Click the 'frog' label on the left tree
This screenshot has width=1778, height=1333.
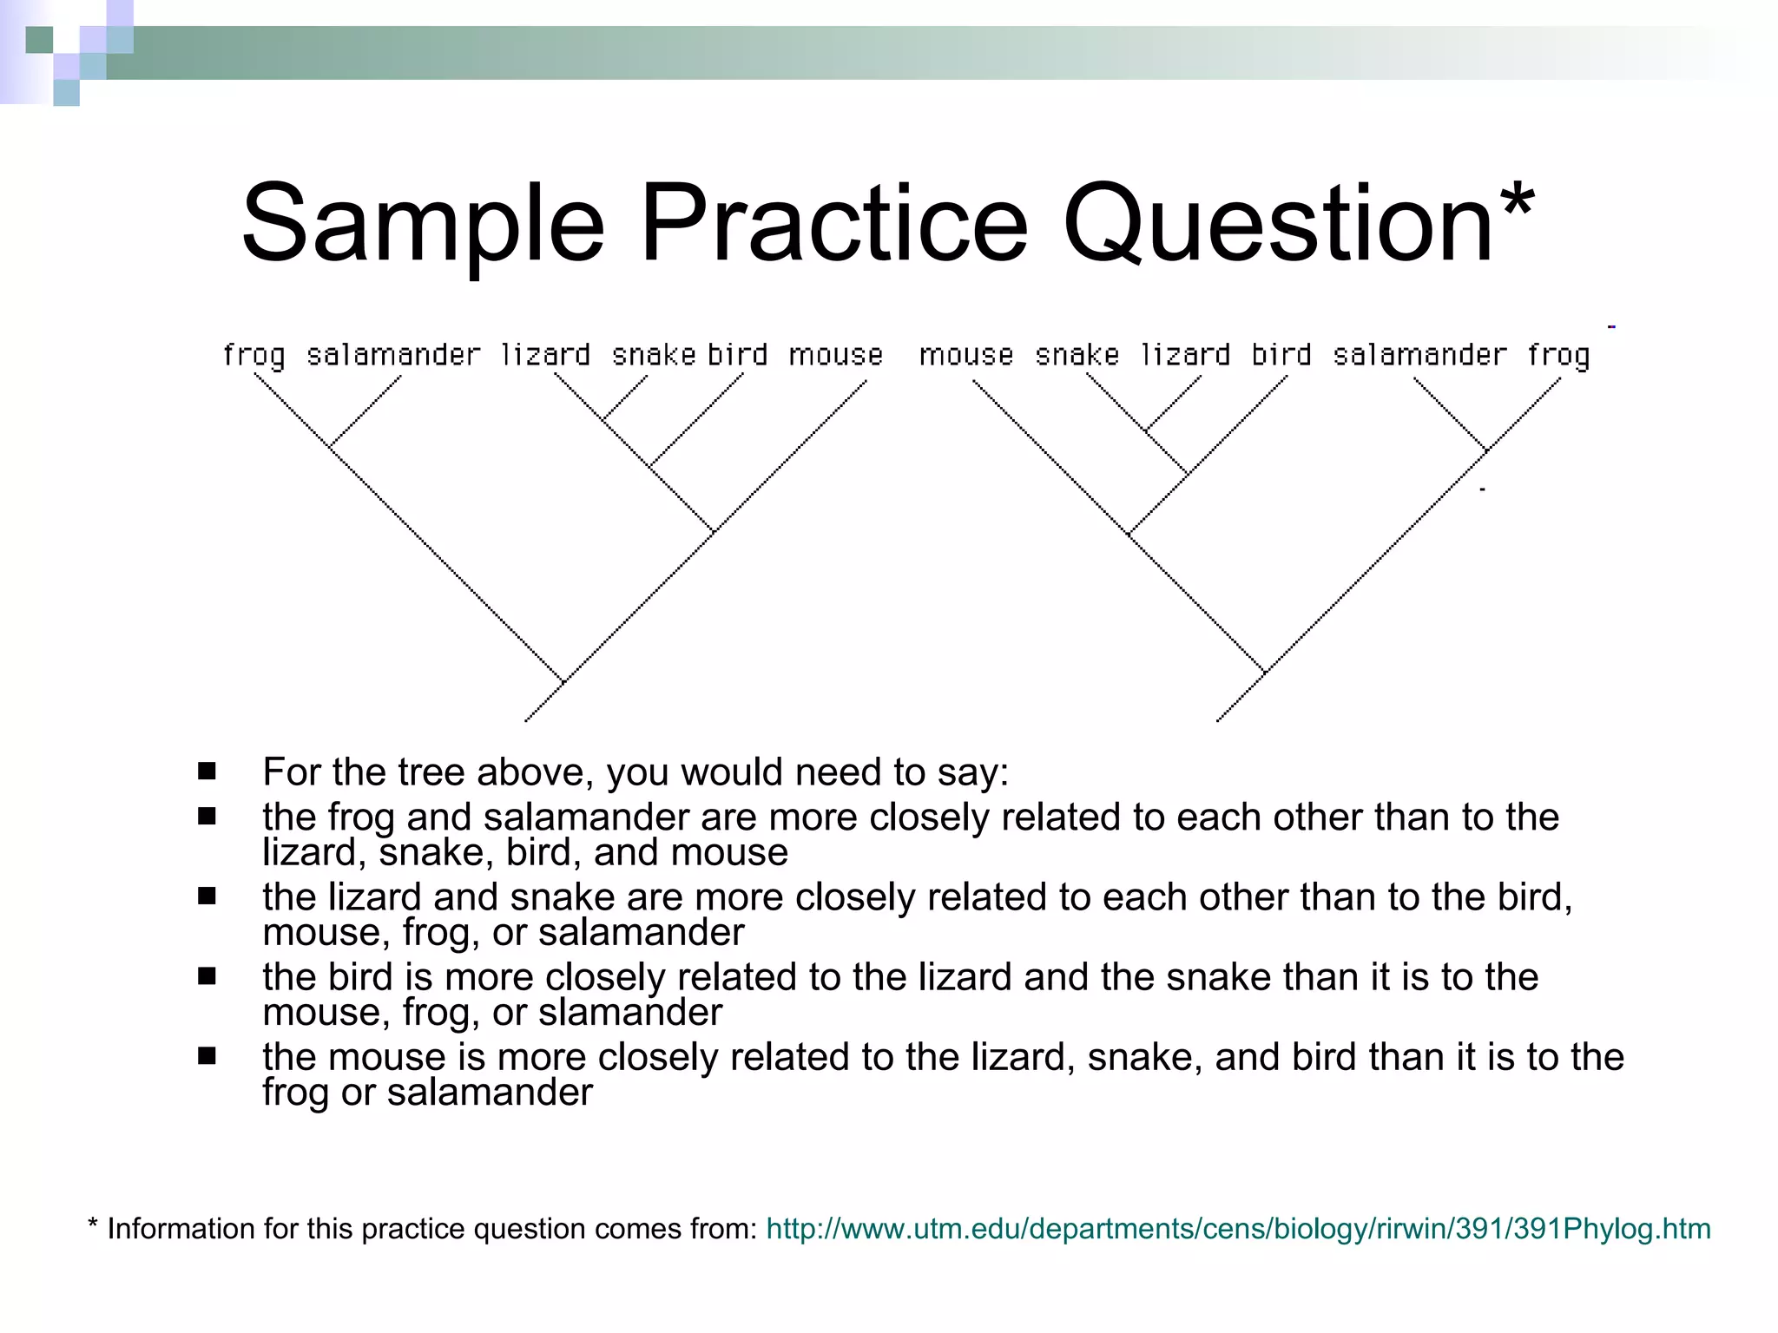[x=254, y=355]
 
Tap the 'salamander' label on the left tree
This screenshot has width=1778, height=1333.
[x=393, y=355]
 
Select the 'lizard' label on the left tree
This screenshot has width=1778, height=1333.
[x=546, y=355]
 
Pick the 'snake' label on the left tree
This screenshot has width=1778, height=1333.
[x=654, y=355]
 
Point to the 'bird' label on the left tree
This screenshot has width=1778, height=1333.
[x=737, y=355]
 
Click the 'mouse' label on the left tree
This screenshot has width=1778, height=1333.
[x=836, y=355]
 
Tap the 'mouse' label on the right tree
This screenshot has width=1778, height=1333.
[x=966, y=355]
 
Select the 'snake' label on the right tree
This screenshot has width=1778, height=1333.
[x=1077, y=355]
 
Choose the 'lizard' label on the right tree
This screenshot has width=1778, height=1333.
[x=1186, y=355]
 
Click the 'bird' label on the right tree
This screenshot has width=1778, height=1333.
[x=1281, y=355]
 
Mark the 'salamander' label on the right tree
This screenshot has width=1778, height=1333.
[x=1420, y=355]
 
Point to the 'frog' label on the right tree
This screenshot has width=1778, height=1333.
[x=1559, y=355]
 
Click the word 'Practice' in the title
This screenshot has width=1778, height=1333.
[x=834, y=224]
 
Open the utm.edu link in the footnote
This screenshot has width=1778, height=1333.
[x=1238, y=1229]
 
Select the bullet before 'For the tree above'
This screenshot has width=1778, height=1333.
[x=207, y=772]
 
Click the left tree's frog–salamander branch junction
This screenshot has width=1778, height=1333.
[x=330, y=446]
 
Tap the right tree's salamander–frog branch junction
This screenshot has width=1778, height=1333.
[x=1486, y=450]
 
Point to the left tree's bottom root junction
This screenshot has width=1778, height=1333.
[x=563, y=682]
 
